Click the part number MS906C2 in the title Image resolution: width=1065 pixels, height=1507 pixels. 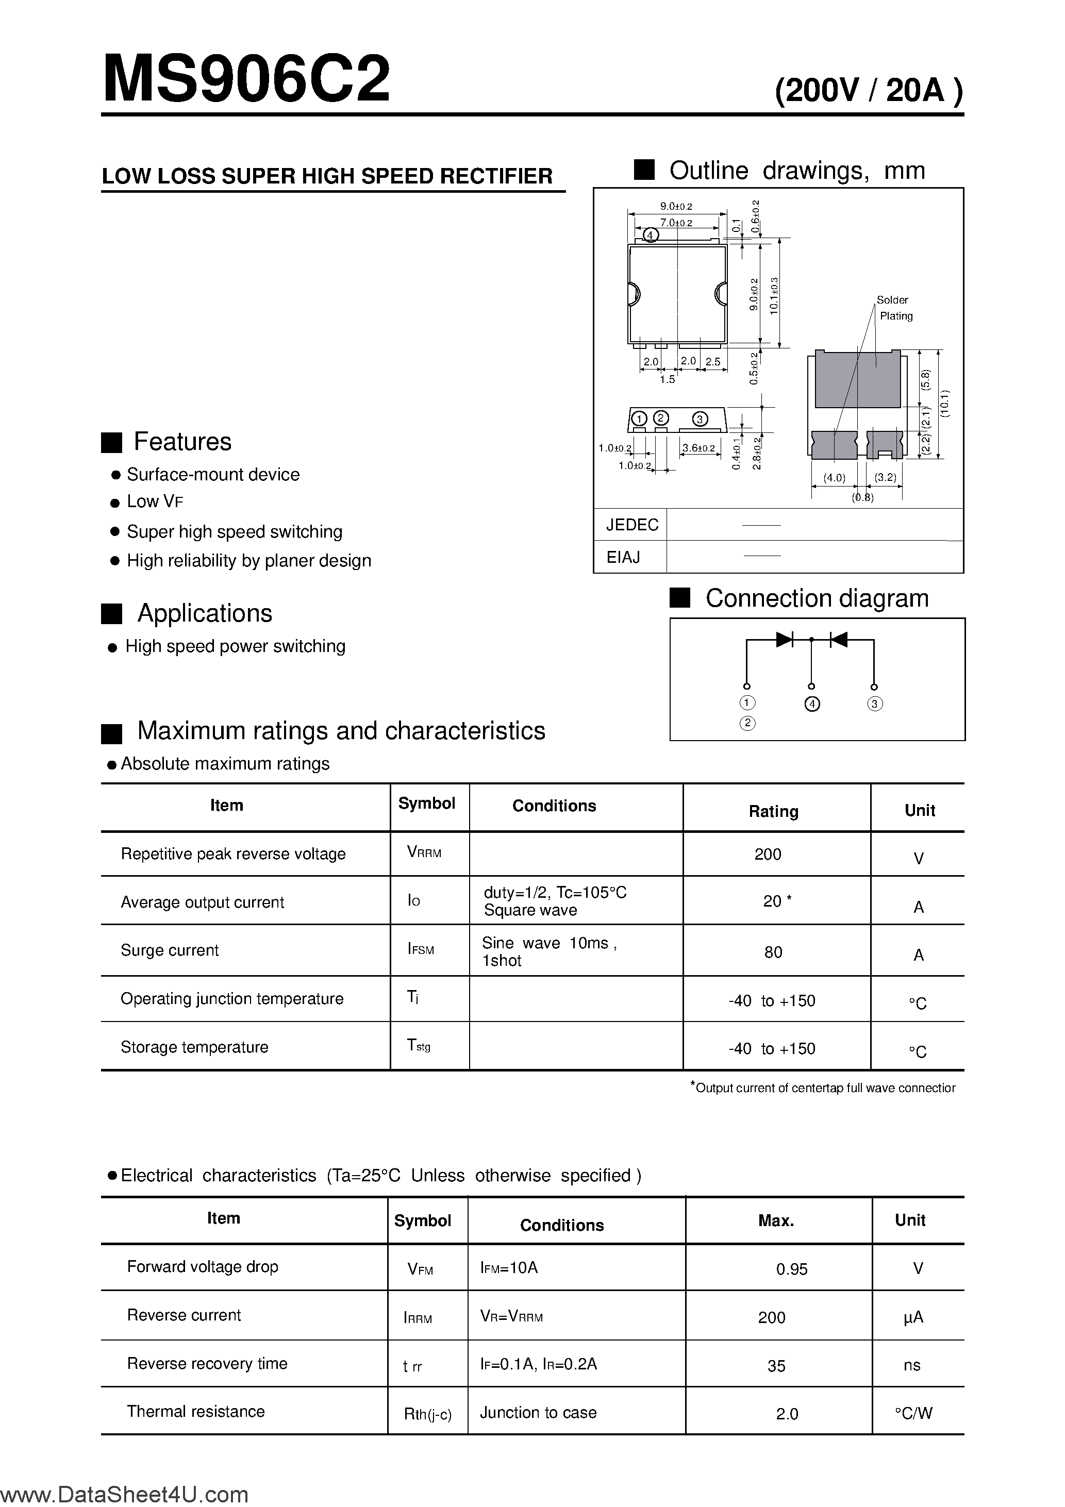coord(246,80)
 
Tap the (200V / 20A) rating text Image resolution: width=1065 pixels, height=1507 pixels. coord(869,91)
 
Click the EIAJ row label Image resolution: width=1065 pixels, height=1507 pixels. coord(623,557)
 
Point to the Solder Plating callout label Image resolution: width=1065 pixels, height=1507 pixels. coord(894,308)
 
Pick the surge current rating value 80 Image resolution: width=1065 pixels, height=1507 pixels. coord(773,952)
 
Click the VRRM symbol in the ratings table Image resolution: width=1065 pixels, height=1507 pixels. coord(424,852)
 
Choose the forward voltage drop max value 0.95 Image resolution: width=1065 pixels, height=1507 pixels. coord(791,1269)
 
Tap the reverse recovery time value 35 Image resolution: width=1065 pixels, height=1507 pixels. coord(776,1366)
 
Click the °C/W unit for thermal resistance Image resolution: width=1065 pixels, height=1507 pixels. coord(913,1413)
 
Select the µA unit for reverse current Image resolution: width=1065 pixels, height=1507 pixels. coord(913,1317)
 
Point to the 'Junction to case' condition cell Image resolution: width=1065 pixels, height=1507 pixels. coord(538,1413)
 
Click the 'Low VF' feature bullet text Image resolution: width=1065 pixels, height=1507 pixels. coord(155,502)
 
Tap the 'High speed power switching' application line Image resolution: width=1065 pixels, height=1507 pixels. coord(235,646)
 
